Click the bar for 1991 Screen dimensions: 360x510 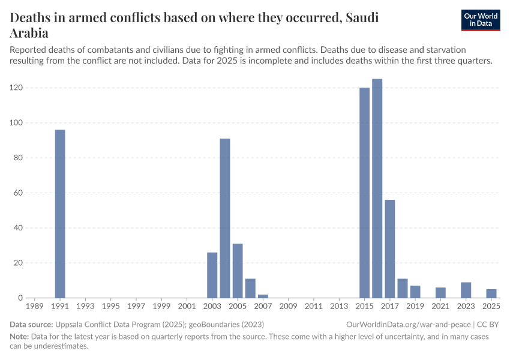[x=60, y=214]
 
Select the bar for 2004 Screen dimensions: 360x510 [x=225, y=218]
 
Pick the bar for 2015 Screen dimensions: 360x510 [x=364, y=193]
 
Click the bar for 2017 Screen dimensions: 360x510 [x=389, y=248]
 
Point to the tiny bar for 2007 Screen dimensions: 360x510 [x=263, y=296]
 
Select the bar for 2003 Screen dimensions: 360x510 [x=212, y=275]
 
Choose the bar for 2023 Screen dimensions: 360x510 [x=466, y=290]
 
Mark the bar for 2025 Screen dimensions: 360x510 [x=491, y=293]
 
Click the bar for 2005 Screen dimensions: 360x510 [x=238, y=271]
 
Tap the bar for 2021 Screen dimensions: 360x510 [x=440, y=292]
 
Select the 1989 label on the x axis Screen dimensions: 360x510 [x=35, y=306]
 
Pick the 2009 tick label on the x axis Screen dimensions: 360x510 [x=288, y=306]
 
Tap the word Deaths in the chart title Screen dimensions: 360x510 [x=33, y=18]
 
